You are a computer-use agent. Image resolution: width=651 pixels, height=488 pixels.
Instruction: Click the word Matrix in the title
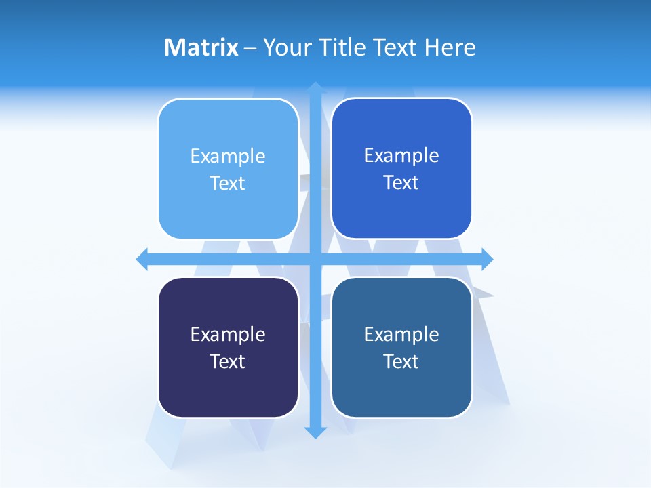201,47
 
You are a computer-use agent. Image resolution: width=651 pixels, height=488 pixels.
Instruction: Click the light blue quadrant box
228,169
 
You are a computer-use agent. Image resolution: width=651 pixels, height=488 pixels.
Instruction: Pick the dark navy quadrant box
228,347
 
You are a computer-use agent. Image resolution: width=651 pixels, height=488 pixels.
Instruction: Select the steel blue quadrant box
401,347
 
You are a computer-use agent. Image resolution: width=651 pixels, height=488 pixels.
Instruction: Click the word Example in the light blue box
228,157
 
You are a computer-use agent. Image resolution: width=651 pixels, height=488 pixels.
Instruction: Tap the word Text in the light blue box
228,184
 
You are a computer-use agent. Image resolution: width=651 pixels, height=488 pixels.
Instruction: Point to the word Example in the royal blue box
401,156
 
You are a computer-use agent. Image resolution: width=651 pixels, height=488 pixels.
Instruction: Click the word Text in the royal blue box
401,183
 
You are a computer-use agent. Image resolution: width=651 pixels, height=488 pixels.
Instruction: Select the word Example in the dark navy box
228,335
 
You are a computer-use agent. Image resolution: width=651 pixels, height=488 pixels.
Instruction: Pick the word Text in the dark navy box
228,362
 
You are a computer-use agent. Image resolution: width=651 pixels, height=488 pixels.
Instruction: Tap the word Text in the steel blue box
401,362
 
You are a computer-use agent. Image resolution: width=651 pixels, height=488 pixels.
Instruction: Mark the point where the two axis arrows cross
316,259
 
